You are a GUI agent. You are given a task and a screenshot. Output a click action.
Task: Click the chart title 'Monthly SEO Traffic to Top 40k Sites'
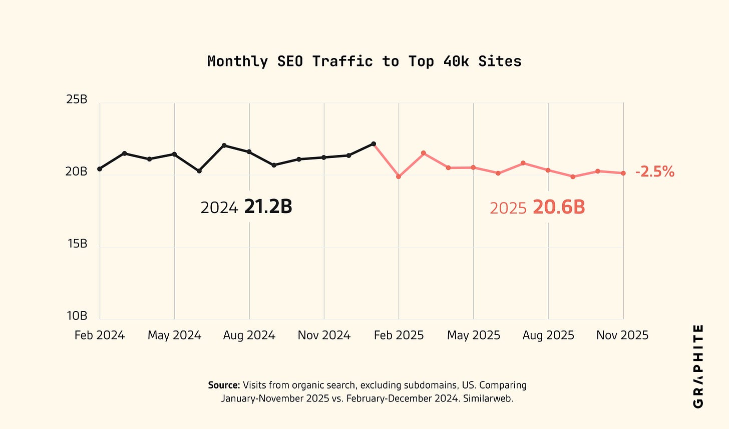pyautogui.click(x=364, y=61)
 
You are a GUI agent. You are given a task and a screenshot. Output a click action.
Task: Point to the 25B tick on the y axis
pyautogui.click(x=77, y=99)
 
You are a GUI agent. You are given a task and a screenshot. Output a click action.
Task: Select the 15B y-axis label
pyautogui.click(x=77, y=243)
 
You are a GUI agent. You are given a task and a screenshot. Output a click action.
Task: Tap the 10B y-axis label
pyautogui.click(x=77, y=316)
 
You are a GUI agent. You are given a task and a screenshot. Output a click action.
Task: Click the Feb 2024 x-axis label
pyautogui.click(x=100, y=335)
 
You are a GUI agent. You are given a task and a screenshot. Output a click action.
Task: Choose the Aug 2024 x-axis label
pyautogui.click(x=249, y=335)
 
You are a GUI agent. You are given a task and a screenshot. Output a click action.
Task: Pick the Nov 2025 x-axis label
pyautogui.click(x=622, y=335)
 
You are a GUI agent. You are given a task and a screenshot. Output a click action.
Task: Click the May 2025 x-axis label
pyautogui.click(x=473, y=335)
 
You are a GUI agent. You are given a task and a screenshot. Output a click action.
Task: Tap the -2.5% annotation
pyautogui.click(x=655, y=172)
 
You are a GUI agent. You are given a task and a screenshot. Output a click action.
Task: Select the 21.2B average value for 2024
pyautogui.click(x=268, y=206)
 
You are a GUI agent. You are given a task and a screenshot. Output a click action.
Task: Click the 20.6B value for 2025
pyautogui.click(x=558, y=207)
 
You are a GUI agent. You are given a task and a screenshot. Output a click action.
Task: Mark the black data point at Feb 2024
pyautogui.click(x=100, y=169)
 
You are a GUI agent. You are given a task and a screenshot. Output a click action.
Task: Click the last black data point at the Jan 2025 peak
pyautogui.click(x=374, y=144)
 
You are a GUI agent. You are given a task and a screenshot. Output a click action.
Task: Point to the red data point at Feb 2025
pyautogui.click(x=399, y=176)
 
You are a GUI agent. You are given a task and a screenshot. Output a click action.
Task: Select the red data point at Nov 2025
pyautogui.click(x=623, y=173)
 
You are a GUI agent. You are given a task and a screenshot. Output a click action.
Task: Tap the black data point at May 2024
pyautogui.click(x=174, y=154)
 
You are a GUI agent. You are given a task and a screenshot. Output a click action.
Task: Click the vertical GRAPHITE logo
pyautogui.click(x=698, y=366)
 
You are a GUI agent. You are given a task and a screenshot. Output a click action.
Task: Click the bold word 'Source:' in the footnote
pyautogui.click(x=224, y=385)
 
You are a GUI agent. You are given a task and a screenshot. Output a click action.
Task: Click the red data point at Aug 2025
pyautogui.click(x=548, y=170)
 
